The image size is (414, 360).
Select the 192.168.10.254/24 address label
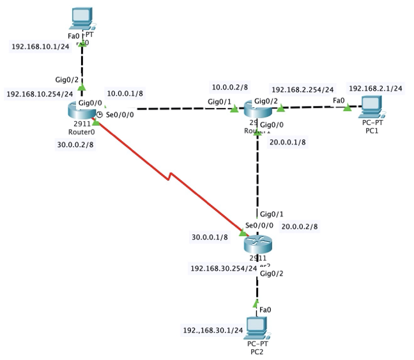click(40, 94)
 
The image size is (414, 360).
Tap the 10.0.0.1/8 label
click(125, 93)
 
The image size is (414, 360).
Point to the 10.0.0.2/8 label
click(229, 87)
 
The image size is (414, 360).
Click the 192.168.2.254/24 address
click(302, 90)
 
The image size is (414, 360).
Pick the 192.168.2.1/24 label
click(375, 88)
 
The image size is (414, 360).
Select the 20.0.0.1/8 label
click(287, 142)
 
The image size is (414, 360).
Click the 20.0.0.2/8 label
click(300, 226)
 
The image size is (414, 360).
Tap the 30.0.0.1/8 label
click(210, 237)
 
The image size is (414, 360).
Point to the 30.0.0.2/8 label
click(75, 144)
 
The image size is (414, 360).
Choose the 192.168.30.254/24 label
click(224, 269)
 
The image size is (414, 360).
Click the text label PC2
click(256, 350)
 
